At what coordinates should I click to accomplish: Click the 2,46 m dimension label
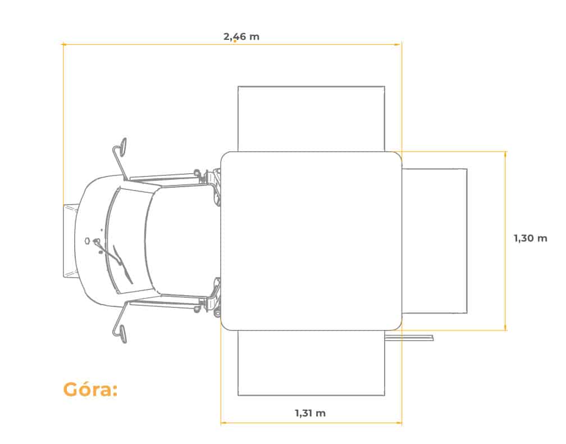pos(241,37)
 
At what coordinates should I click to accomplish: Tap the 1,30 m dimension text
pos(530,238)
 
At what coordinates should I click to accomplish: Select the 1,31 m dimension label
pos(310,413)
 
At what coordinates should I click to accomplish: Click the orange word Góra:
pos(90,389)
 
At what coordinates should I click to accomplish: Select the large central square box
pos(311,241)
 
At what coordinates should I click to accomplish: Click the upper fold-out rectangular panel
pos(311,119)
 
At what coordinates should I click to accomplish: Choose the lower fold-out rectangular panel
pos(311,363)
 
